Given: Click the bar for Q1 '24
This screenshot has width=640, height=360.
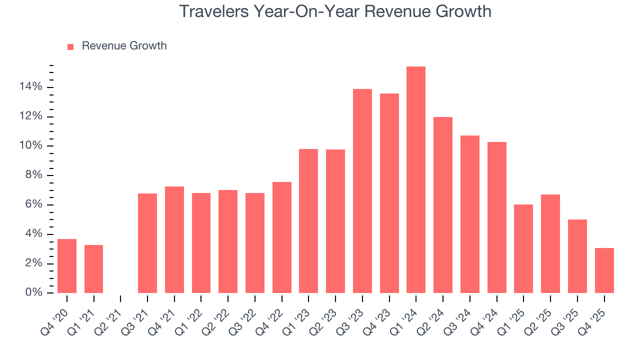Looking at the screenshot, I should click(416, 180).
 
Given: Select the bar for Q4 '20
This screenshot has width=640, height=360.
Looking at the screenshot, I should click(67, 266).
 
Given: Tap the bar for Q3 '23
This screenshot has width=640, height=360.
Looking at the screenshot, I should click(362, 191).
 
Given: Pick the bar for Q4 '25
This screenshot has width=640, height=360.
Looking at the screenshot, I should click(604, 270).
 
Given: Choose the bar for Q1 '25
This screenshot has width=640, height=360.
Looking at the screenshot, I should click(523, 248).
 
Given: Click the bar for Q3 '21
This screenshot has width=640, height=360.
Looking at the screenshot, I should click(147, 243).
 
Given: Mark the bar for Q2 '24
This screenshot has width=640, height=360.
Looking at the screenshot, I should click(443, 205).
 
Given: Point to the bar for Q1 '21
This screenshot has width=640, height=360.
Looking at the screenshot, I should click(94, 269).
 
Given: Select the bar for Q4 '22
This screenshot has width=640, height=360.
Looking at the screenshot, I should click(282, 237).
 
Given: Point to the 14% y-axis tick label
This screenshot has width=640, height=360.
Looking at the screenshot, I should click(31, 87).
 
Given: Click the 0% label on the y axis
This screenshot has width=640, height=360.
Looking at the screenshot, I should click(33, 292).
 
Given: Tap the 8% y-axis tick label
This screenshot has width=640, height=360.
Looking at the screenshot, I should click(33, 175).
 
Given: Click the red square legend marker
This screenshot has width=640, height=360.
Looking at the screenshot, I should click(70, 46).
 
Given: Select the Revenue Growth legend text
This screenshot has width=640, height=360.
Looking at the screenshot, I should click(124, 46).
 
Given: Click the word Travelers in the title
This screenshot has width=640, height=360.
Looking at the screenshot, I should click(214, 11).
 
